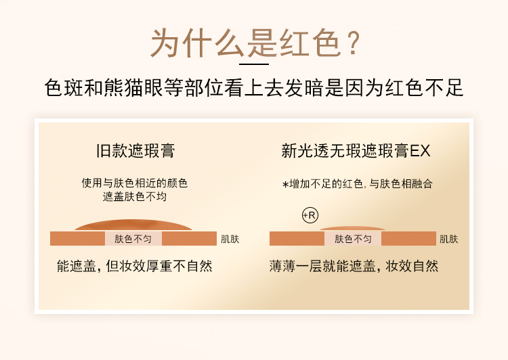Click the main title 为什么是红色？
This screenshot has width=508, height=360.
point(255,43)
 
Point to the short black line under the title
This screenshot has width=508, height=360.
point(254,64)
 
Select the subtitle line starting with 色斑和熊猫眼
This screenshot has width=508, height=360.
point(254,87)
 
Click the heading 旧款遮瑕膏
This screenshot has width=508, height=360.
point(135,150)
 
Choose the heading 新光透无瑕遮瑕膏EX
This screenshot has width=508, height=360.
point(356,150)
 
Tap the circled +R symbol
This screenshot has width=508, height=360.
point(310,215)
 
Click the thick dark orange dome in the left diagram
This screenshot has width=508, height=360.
point(133,225)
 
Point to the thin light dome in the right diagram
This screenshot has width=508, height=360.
point(353,229)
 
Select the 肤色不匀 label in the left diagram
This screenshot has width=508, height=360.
point(133,239)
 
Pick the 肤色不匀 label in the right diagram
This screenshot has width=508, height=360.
point(353,239)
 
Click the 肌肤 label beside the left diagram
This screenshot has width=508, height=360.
point(230,240)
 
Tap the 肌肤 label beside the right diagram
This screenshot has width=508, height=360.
point(448,240)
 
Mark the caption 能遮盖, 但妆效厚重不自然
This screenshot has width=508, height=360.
point(135,266)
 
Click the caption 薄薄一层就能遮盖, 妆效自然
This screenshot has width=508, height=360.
point(354,266)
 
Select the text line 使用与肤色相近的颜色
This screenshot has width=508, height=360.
point(135,183)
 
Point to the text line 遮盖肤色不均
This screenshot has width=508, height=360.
point(135,196)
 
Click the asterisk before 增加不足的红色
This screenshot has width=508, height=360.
point(285,185)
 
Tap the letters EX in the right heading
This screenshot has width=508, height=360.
point(420,151)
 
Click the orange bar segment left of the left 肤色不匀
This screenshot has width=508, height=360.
point(77,239)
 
